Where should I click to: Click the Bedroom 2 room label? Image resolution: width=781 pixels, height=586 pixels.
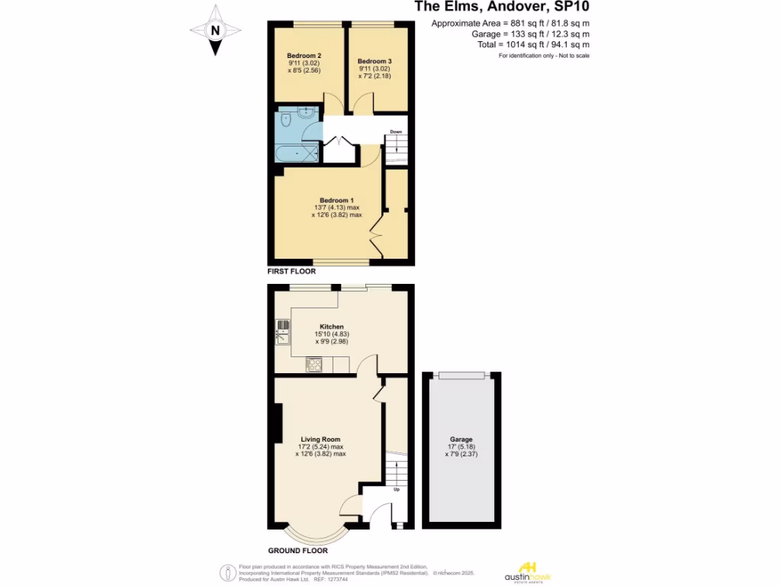(x=304, y=56)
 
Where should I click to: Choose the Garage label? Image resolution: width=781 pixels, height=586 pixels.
(x=461, y=439)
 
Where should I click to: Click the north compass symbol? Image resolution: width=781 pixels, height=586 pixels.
(x=216, y=31)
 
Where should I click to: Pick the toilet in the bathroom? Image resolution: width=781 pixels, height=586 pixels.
(x=286, y=120)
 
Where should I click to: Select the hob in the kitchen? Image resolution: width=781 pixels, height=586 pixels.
(x=313, y=365)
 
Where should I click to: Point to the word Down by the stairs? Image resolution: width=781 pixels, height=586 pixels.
(x=396, y=132)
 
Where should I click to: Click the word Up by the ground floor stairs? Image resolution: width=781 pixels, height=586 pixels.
(x=396, y=489)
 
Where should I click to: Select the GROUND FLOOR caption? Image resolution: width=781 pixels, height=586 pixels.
(x=297, y=550)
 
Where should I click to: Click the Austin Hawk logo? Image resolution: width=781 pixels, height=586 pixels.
(x=527, y=571)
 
